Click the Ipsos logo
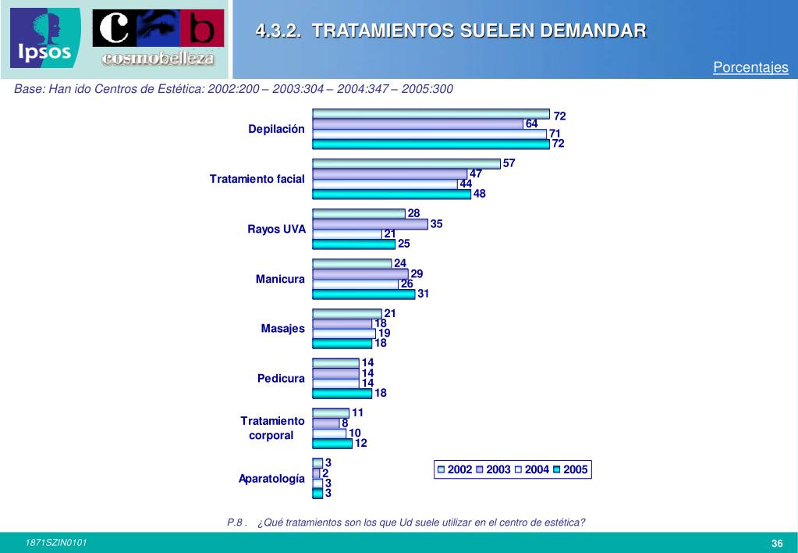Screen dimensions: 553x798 45,38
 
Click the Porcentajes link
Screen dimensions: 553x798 750,68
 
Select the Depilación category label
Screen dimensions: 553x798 276,129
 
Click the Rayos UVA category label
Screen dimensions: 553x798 276,229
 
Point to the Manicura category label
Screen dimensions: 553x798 280,279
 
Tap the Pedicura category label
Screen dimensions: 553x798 281,378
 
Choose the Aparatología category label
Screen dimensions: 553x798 271,479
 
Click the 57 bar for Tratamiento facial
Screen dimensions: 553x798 406,164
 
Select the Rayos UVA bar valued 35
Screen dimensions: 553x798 370,224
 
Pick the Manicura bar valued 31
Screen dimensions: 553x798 364,294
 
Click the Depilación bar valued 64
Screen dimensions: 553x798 417,124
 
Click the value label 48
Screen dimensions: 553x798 480,194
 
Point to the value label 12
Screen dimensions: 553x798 361,443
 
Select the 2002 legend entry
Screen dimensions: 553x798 455,469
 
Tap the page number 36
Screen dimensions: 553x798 777,544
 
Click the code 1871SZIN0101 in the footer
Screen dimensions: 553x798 56,543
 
